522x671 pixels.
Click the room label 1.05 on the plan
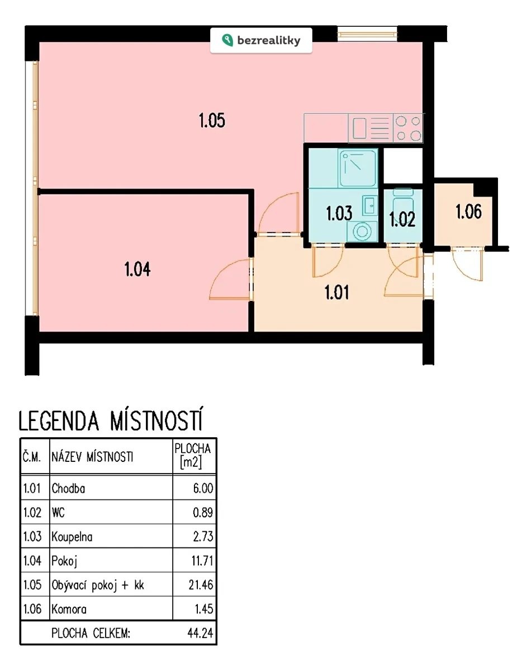[x=212, y=120]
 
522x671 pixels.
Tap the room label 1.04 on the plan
[x=137, y=268]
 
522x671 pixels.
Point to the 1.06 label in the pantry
[x=468, y=212]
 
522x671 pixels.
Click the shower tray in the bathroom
[x=358, y=168]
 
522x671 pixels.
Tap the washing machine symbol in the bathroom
[x=362, y=231]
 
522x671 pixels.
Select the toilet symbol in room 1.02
[x=403, y=202]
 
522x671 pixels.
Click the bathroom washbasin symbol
[x=370, y=205]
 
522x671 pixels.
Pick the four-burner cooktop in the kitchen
[x=408, y=128]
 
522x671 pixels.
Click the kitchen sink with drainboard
[x=371, y=128]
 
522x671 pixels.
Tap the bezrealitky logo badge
[x=261, y=40]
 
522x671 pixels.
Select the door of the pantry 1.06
[x=468, y=264]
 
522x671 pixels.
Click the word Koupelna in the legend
[x=72, y=537]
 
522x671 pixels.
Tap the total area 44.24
[x=200, y=634]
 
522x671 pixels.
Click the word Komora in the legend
[x=69, y=609]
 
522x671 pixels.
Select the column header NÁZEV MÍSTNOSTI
[x=92, y=457]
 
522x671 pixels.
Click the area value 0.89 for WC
[x=203, y=513]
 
